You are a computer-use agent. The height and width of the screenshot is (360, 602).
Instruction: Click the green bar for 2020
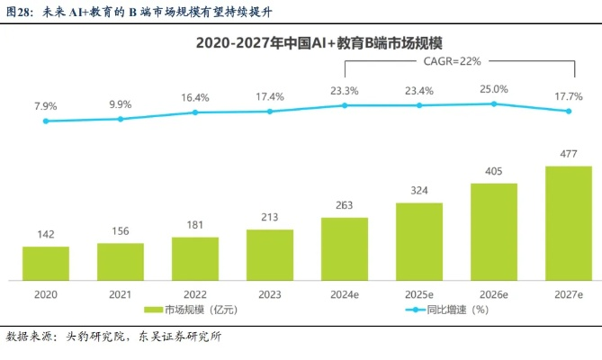coord(46,262)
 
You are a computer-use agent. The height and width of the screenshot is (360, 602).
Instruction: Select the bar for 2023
coord(270,254)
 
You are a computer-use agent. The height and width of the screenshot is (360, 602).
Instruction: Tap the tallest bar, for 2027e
coord(569,222)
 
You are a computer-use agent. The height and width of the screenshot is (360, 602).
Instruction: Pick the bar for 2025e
coord(419,240)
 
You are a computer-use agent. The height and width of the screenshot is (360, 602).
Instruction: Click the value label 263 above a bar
coord(345,203)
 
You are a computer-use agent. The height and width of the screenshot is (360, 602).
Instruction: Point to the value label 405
coord(493,169)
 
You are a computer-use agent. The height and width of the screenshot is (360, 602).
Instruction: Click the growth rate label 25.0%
coord(493,88)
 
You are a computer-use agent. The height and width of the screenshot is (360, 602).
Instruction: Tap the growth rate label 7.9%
coord(46,105)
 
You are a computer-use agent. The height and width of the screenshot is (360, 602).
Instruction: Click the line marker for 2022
coord(195,112)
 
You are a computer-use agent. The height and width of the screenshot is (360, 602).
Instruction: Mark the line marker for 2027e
coord(568,112)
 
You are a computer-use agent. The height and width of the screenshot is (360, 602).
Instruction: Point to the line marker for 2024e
coord(345,105)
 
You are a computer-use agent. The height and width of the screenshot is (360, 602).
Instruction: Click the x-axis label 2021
coord(121,293)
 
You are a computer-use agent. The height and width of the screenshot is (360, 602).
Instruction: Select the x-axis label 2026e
coord(493,293)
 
